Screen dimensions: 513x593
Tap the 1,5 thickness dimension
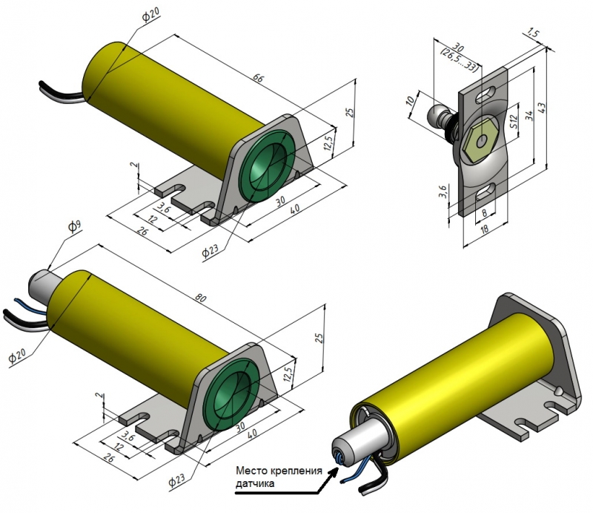click(531, 33)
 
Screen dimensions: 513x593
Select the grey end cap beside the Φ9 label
click(42, 284)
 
